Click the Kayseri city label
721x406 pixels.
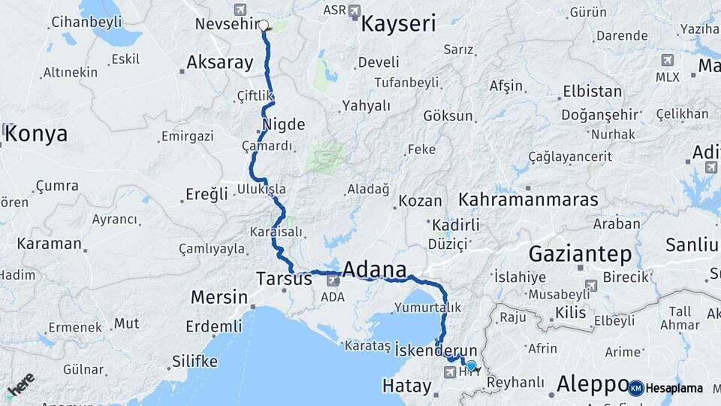[x=398, y=24]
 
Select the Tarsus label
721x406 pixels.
[x=284, y=279]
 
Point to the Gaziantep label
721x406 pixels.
[x=580, y=253]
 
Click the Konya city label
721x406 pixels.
[x=36, y=135]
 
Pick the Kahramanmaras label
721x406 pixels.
[x=528, y=200]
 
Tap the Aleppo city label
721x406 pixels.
[x=591, y=384]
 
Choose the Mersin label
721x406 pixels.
[x=219, y=297]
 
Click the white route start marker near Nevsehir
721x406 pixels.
[x=264, y=25]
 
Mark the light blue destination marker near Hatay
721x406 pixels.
[x=471, y=365]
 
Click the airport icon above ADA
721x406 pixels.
[x=332, y=281]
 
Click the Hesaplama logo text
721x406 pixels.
[x=674, y=388]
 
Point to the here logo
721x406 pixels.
[x=20, y=384]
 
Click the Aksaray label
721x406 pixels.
[x=219, y=62]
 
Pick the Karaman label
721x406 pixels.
[x=49, y=244]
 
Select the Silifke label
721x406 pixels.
[x=195, y=362]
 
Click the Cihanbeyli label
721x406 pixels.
[x=86, y=22]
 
